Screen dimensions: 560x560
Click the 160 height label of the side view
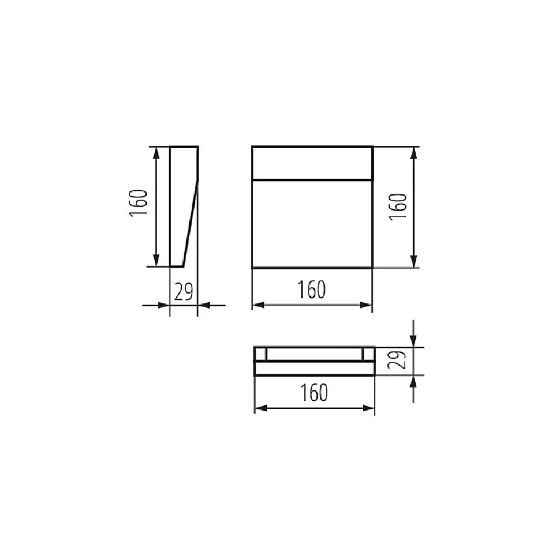138,202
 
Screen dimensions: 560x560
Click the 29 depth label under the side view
184,292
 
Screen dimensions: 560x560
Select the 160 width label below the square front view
312,290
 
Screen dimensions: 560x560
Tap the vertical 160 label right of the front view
398,206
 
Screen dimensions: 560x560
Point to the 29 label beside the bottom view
397,360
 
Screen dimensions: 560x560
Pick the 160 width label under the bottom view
314,393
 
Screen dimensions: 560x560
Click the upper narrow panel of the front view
312,164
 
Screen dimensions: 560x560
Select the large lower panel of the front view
312,224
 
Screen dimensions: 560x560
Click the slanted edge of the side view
191,224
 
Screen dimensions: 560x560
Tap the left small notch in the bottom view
261,354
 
